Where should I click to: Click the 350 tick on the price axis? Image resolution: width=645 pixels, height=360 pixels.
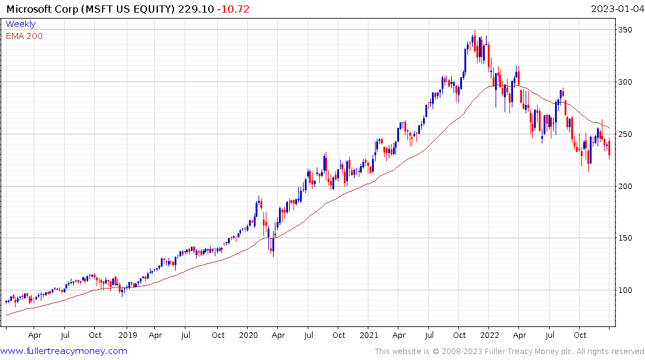click(x=626, y=29)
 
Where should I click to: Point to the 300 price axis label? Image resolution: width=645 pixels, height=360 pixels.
click(x=626, y=82)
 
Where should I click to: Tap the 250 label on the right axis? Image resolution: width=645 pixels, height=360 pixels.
click(x=626, y=134)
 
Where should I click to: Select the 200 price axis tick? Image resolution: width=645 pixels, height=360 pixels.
click(x=626, y=186)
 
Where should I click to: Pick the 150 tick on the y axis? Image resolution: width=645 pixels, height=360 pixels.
click(x=626, y=238)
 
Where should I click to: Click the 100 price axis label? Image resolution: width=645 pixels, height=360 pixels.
click(x=626, y=290)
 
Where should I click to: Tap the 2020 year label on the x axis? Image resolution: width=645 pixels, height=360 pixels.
click(x=248, y=335)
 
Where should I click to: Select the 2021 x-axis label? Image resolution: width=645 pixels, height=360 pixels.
click(x=369, y=335)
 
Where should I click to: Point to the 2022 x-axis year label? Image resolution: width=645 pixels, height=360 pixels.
click(x=489, y=335)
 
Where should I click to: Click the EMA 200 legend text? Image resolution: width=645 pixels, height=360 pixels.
click(x=24, y=36)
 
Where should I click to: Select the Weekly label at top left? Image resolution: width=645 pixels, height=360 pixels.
click(x=20, y=25)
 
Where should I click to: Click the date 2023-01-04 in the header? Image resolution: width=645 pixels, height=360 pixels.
click(x=616, y=9)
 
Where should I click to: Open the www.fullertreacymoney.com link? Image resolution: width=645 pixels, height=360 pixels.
click(x=64, y=351)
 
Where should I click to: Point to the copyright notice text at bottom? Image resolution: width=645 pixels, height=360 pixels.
click(x=509, y=351)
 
